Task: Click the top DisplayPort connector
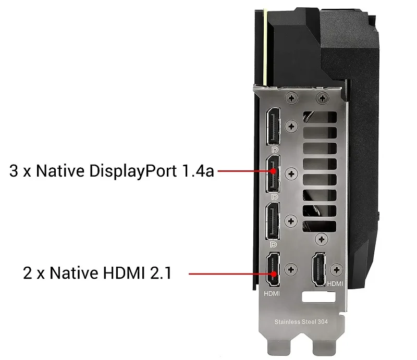click(x=273, y=126)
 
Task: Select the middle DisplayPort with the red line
click(x=273, y=173)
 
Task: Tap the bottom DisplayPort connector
click(x=273, y=221)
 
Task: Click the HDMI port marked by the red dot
click(x=273, y=269)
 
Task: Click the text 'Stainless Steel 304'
click(x=301, y=322)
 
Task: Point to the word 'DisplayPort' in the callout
click(x=133, y=171)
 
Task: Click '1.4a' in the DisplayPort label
click(x=198, y=171)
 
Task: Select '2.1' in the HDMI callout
click(x=161, y=273)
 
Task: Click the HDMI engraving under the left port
click(x=272, y=293)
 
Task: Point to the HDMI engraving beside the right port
click(x=335, y=284)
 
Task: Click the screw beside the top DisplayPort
click(x=291, y=126)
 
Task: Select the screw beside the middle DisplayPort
click(x=291, y=173)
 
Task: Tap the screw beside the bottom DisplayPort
click(x=291, y=221)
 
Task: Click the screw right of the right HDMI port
click(x=336, y=269)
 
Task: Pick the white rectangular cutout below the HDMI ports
click(x=319, y=297)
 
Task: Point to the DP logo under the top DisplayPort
click(x=275, y=150)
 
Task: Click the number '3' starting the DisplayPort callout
click(x=14, y=171)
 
